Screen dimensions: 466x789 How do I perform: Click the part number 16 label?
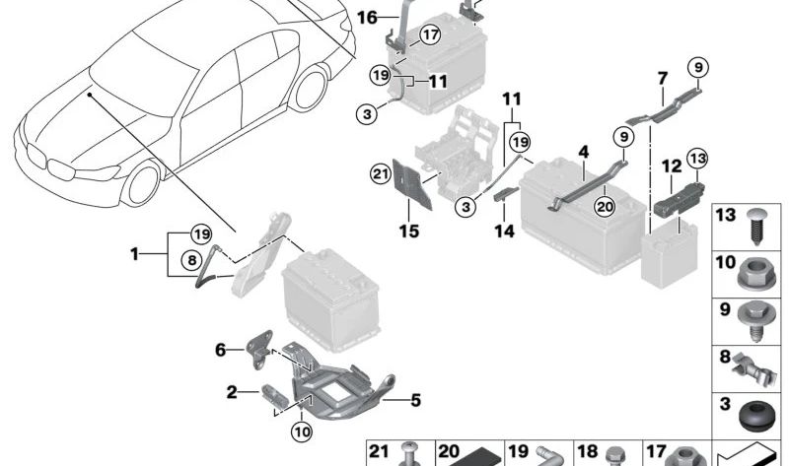366,18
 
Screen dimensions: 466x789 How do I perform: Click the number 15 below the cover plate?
408,232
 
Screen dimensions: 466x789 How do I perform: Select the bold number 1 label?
135,254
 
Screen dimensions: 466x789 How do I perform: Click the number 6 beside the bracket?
221,349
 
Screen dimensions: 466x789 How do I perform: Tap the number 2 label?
231,392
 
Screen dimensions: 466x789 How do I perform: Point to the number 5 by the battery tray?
415,400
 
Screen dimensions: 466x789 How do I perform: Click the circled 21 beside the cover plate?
381,174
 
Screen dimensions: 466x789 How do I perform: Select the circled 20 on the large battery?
605,206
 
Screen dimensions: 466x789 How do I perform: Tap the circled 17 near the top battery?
429,35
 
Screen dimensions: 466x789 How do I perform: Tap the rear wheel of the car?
309,89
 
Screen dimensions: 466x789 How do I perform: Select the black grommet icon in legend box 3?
757,413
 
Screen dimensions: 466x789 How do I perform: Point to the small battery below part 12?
671,254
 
